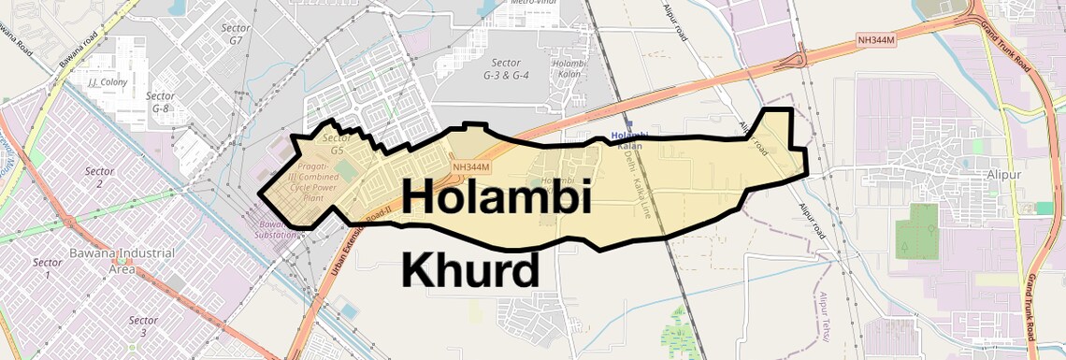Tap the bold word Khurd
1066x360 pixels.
[470, 270]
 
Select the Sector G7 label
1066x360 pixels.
[237, 35]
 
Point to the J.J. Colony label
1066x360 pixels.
[107, 82]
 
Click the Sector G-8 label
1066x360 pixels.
[161, 102]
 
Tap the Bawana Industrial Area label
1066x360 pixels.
[122, 261]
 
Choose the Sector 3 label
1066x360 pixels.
[143, 326]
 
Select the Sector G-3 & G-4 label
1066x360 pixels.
[507, 68]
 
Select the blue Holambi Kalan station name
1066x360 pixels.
[629, 141]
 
